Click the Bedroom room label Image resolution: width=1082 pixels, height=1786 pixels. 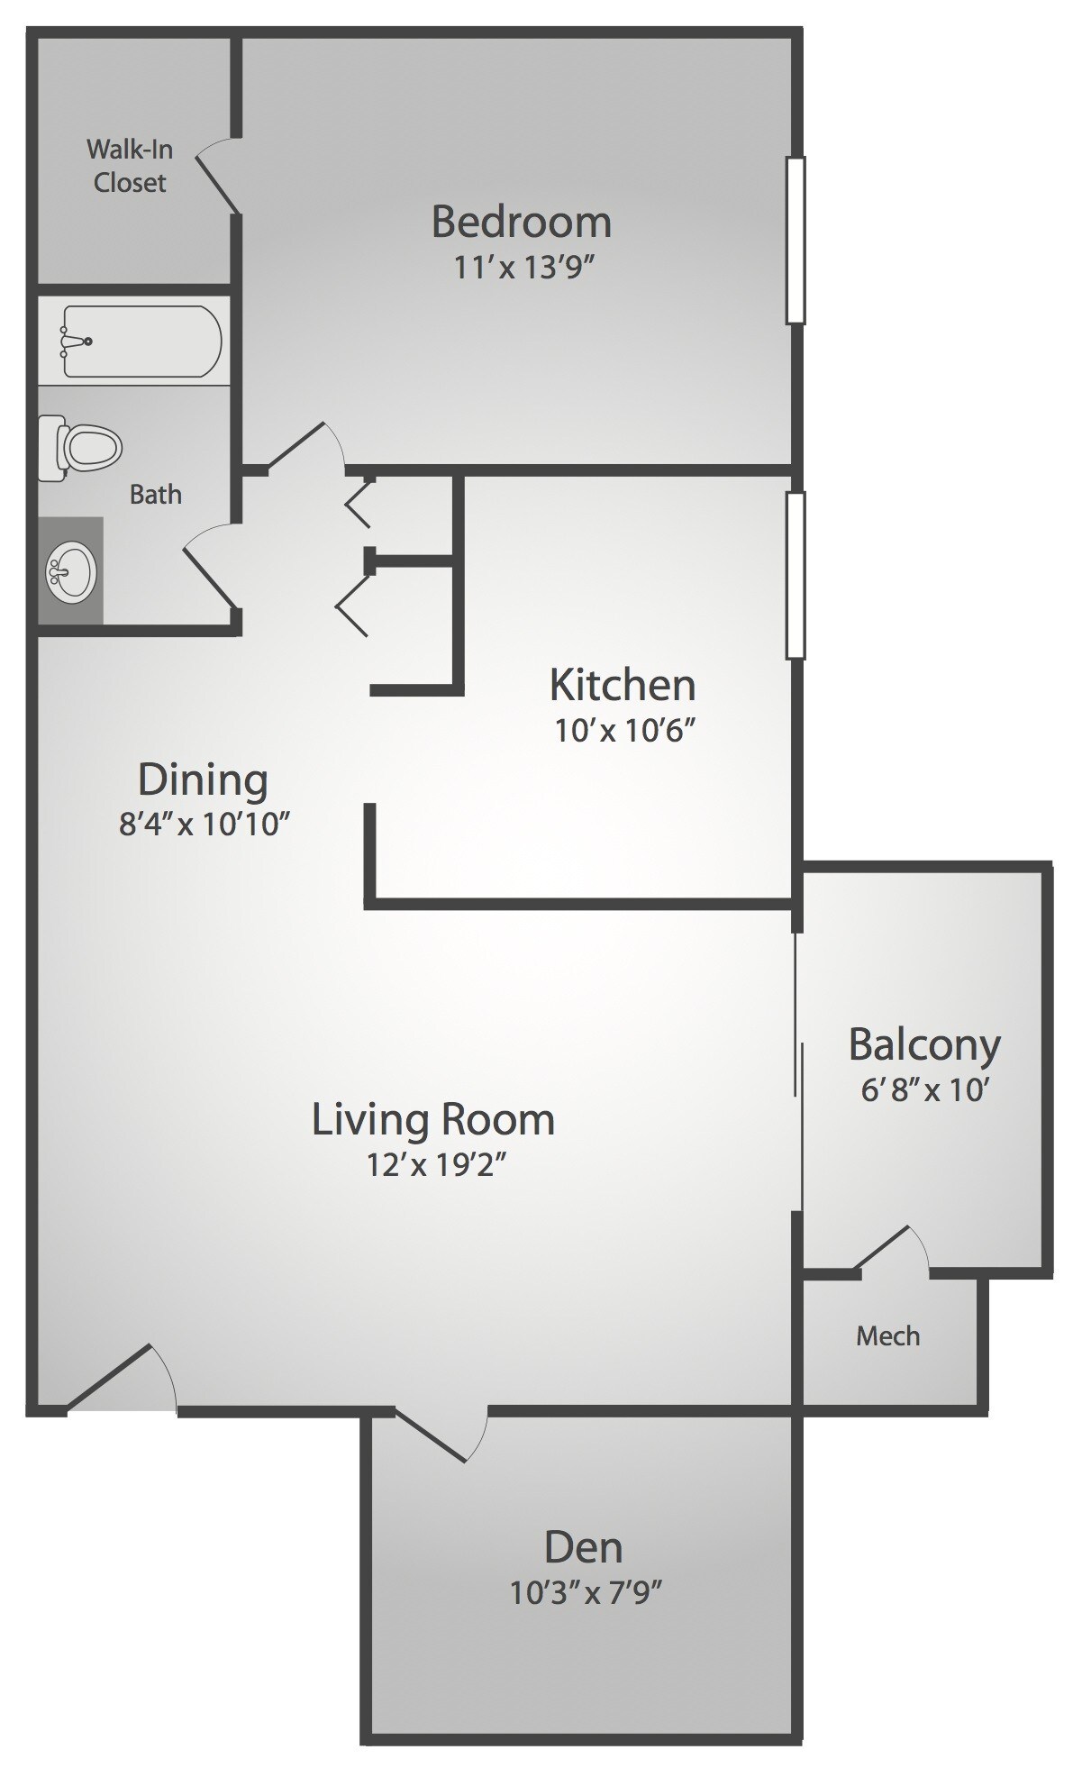[x=522, y=223]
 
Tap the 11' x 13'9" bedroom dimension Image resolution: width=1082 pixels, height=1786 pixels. [x=525, y=268]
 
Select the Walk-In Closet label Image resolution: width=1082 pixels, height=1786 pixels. [x=130, y=166]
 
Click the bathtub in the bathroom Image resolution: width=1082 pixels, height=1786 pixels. [x=141, y=342]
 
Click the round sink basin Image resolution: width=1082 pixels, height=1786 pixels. [x=70, y=571]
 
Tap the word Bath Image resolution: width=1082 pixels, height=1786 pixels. [x=155, y=494]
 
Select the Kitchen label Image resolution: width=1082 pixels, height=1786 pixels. [x=623, y=685]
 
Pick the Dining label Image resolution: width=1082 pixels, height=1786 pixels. [x=203, y=779]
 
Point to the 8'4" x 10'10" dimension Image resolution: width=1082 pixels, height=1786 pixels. [x=204, y=824]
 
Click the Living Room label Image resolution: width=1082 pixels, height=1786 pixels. [x=432, y=1119]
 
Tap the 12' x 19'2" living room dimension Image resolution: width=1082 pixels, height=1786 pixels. [x=433, y=1165]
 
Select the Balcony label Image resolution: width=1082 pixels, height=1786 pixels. [x=924, y=1044]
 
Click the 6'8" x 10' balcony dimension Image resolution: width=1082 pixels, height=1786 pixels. [x=925, y=1090]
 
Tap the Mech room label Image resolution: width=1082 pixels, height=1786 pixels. [x=887, y=1335]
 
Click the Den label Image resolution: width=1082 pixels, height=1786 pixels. [x=583, y=1547]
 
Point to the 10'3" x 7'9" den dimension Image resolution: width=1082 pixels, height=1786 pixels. [x=586, y=1593]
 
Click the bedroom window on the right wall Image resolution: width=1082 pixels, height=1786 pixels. [x=795, y=240]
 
